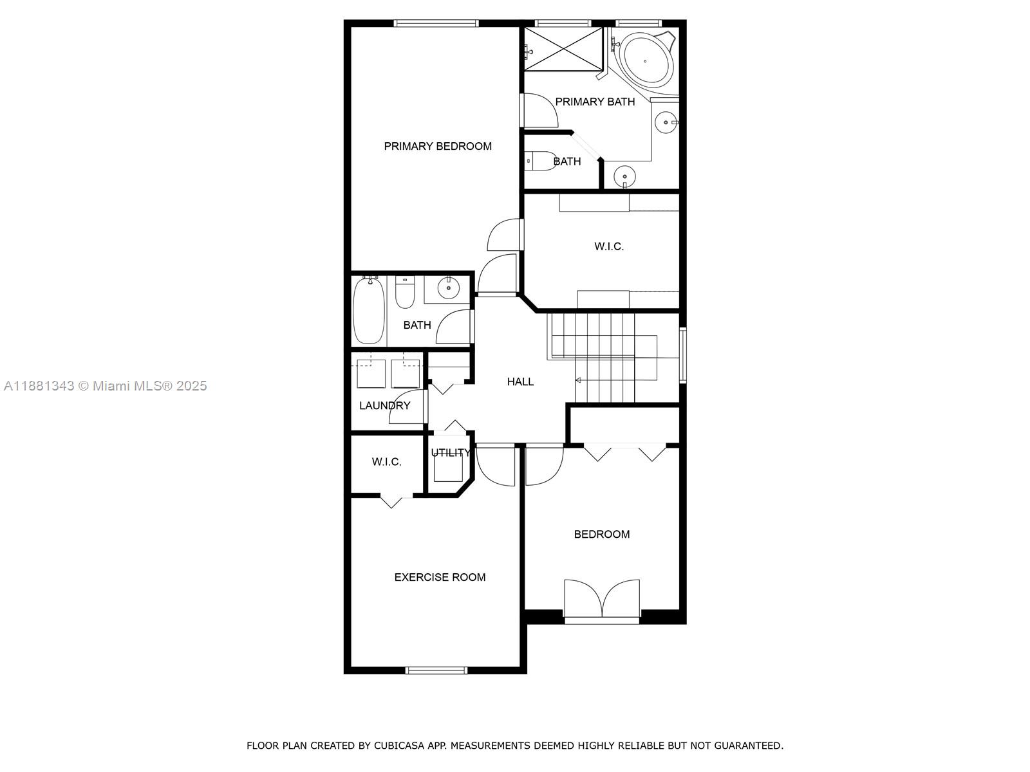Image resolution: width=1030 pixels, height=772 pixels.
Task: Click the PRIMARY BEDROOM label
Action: (x=437, y=146)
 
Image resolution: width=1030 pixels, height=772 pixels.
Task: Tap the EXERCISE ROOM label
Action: (x=440, y=577)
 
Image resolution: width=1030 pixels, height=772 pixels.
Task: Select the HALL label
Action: (x=520, y=381)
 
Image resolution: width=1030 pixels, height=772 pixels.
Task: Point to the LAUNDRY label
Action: (x=385, y=405)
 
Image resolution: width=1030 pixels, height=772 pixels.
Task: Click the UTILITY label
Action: (x=451, y=452)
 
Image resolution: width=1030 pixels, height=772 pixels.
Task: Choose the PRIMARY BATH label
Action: (x=595, y=102)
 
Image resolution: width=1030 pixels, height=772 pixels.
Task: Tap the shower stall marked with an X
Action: (x=563, y=49)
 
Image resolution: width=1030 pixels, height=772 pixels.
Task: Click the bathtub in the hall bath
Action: (x=370, y=311)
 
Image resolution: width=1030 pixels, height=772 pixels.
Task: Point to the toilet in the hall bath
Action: (x=405, y=292)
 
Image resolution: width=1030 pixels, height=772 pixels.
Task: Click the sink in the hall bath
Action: (x=448, y=288)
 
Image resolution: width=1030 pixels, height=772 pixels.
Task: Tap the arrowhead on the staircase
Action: (x=578, y=380)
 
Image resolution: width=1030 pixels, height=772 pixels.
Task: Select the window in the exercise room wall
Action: (x=436, y=670)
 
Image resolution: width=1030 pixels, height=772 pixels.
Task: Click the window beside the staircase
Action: (x=683, y=355)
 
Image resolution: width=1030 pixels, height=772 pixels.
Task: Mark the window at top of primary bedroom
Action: (x=436, y=23)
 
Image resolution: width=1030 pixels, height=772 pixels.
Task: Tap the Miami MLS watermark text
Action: (x=105, y=386)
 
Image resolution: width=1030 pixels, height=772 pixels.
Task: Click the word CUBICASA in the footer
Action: (x=398, y=746)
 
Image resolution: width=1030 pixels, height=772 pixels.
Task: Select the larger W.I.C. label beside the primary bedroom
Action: (x=608, y=246)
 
